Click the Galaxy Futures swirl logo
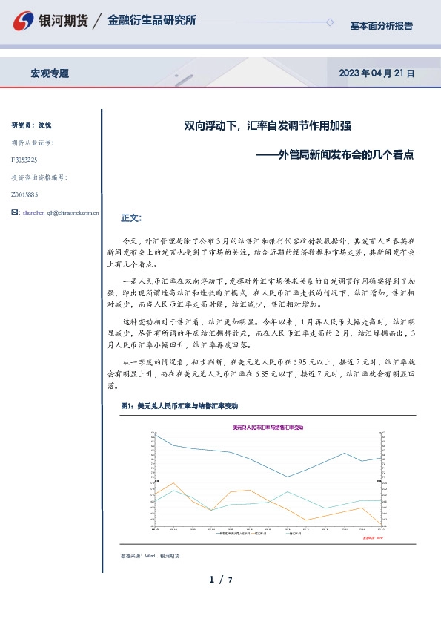coord(25,22)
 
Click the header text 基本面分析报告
coord(381,26)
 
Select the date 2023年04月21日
coord(377,73)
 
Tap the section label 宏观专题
coord(50,73)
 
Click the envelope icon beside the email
coord(16,212)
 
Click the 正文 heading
coord(130,218)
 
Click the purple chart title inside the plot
coord(268,428)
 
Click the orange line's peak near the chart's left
coord(173,484)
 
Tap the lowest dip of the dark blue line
coord(288,477)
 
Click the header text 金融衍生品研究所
coord(152,21)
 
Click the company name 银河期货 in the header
coord(62,22)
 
